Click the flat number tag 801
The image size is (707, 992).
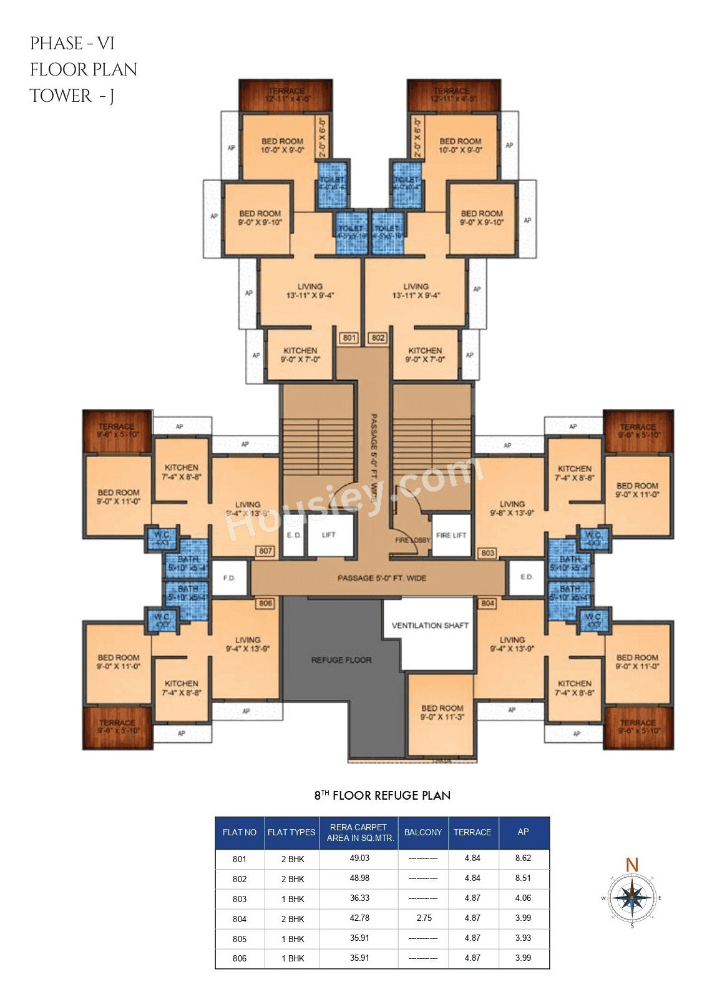point(349,338)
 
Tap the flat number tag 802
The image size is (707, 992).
point(378,338)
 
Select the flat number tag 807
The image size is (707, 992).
point(265,551)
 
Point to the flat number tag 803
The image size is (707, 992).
point(487,552)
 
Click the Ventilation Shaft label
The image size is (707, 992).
point(430,625)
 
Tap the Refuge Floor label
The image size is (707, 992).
point(341,660)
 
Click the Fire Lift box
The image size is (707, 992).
point(451,535)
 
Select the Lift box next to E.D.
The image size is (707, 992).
point(329,535)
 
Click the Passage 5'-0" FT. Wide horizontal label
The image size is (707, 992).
point(382,578)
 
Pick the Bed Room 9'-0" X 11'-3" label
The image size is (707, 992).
point(442,712)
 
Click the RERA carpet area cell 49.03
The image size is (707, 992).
point(359,858)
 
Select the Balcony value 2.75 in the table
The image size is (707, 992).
point(423,918)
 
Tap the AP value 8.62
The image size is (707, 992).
point(523,858)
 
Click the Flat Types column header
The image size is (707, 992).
point(291,832)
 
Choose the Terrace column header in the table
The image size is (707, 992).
point(472,832)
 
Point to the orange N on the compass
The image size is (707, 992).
point(632,865)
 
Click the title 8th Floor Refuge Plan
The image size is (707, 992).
point(383,795)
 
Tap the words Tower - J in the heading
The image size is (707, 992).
point(72,96)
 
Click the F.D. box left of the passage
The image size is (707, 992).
point(229,578)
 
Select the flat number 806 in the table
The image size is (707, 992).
point(240,958)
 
